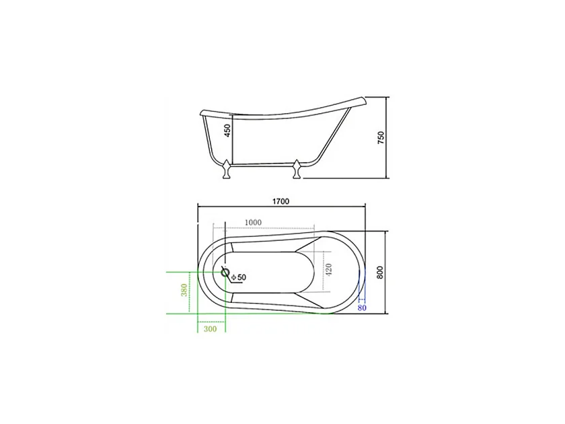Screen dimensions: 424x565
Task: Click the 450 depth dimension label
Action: click(x=227, y=129)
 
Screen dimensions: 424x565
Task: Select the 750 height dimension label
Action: click(x=381, y=138)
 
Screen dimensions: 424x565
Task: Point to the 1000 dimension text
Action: click(x=254, y=222)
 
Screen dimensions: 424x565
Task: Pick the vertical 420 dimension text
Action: click(x=329, y=271)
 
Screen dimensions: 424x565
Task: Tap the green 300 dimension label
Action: click(x=209, y=330)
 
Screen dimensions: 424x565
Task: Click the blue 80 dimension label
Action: click(x=362, y=308)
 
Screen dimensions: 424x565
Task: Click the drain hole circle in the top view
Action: click(x=227, y=275)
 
